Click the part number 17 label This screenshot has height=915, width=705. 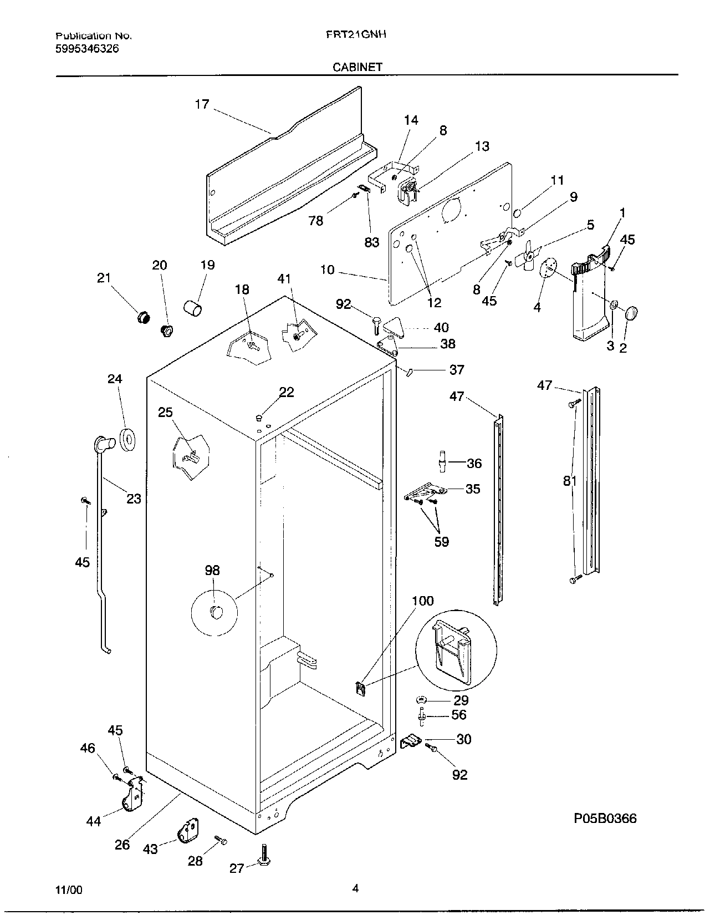click(202, 104)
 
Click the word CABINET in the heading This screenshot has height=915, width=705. click(357, 67)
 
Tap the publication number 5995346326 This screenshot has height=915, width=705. click(87, 49)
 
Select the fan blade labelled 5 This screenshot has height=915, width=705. click(528, 256)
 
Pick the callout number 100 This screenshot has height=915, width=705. click(422, 601)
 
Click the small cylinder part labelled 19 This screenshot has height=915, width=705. click(193, 308)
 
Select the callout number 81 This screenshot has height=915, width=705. click(570, 481)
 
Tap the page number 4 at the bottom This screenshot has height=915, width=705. click(355, 889)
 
